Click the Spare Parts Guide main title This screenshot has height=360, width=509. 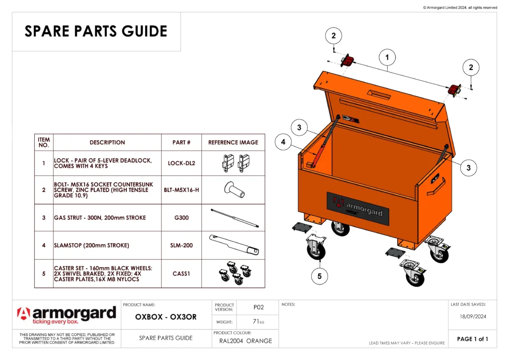96,31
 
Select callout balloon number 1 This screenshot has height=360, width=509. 387,58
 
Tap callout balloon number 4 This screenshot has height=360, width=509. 283,142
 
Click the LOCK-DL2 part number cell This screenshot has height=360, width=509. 181,163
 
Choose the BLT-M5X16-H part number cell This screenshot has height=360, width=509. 181,190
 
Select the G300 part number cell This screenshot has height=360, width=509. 181,218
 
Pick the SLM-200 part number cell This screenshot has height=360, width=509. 181,245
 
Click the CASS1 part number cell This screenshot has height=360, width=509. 181,273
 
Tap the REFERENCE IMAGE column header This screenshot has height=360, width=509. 233,143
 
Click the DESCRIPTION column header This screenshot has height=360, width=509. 107,143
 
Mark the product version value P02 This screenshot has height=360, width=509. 258,307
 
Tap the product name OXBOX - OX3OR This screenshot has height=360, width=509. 166,317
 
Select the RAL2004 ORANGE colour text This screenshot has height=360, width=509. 246,341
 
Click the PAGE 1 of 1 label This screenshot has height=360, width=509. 472,339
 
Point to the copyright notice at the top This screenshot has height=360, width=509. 460,7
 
